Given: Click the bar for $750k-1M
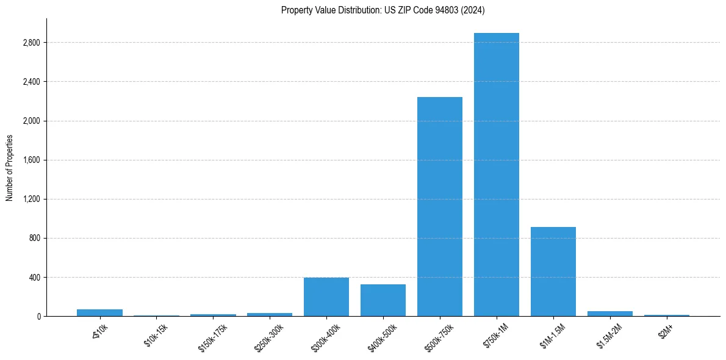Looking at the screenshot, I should pyautogui.click(x=496, y=175).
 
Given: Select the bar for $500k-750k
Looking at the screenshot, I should pyautogui.click(x=439, y=206).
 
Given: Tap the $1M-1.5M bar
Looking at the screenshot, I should pyautogui.click(x=553, y=272).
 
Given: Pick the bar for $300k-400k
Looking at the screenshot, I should pyautogui.click(x=326, y=297).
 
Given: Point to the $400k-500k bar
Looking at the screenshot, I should pyautogui.click(x=383, y=300).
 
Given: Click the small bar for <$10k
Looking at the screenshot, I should pyautogui.click(x=99, y=313).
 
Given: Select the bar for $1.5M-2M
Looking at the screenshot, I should pyautogui.click(x=609, y=314).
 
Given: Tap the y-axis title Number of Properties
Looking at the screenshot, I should pyautogui.click(x=10, y=168).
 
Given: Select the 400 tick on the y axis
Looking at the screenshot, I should pyautogui.click(x=34, y=278).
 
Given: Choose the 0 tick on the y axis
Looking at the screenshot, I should pyautogui.click(x=38, y=317).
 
